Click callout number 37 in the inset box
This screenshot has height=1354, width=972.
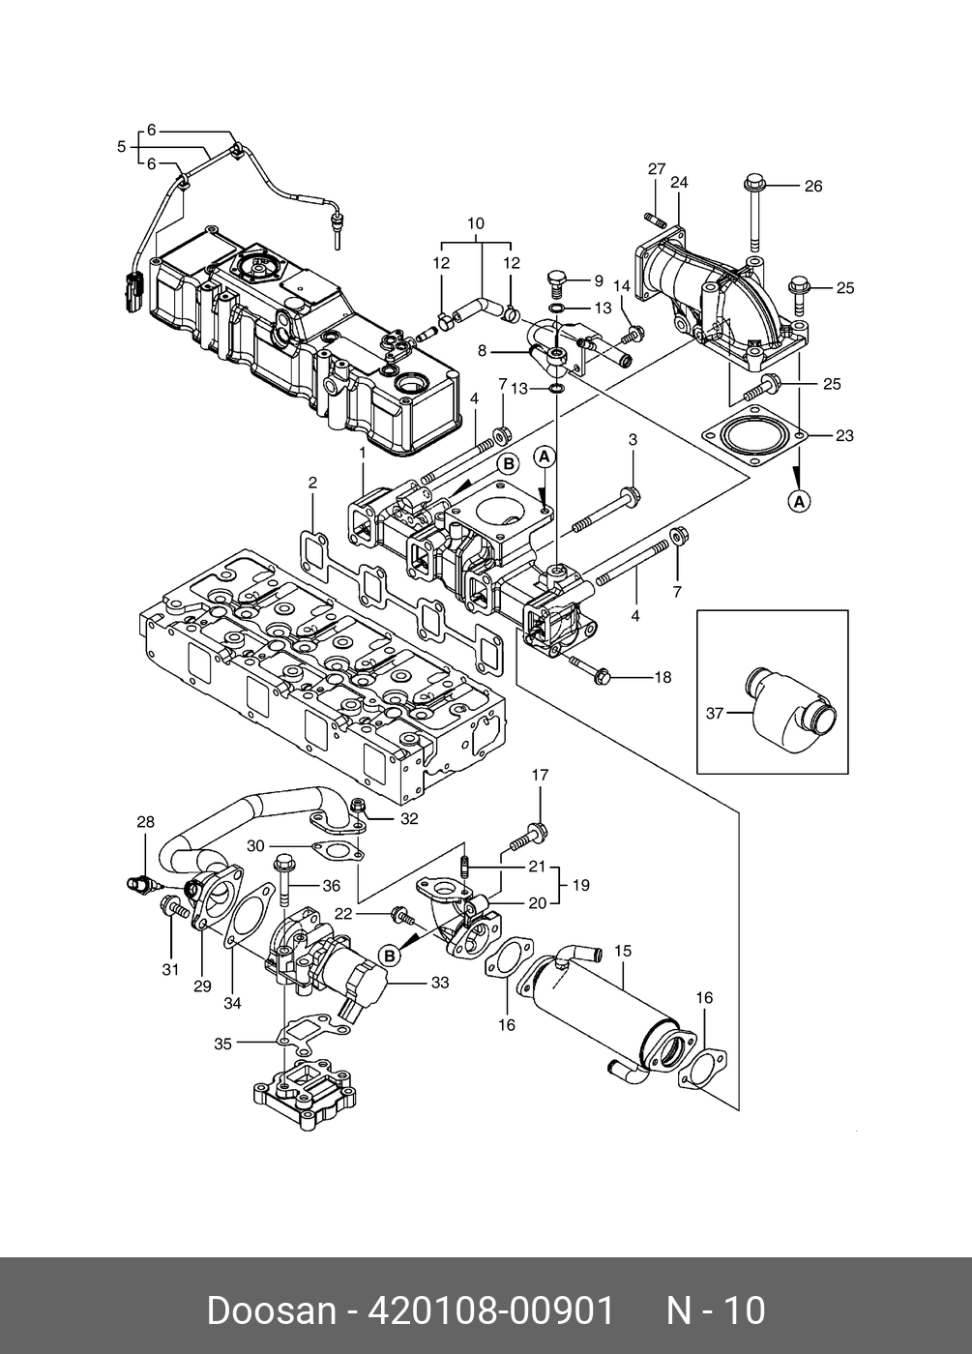pyautogui.click(x=715, y=714)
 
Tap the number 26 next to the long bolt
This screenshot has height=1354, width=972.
pyautogui.click(x=813, y=186)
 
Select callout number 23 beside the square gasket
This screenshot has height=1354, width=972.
pyautogui.click(x=844, y=436)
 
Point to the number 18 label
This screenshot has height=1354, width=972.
pyautogui.click(x=662, y=678)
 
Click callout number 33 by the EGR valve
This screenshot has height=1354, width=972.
pyautogui.click(x=441, y=984)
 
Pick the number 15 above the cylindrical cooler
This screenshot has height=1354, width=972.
pyautogui.click(x=623, y=952)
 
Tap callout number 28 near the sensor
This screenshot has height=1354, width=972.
pyautogui.click(x=145, y=822)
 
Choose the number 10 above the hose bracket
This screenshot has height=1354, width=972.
pyautogui.click(x=475, y=223)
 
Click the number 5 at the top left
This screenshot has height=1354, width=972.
pyautogui.click(x=121, y=147)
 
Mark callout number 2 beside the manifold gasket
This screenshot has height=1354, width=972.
pyautogui.click(x=312, y=482)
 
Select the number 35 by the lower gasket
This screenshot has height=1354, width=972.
pyautogui.click(x=222, y=1044)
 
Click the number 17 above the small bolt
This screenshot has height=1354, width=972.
pyautogui.click(x=540, y=775)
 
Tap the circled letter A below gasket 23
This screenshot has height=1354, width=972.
pyautogui.click(x=799, y=501)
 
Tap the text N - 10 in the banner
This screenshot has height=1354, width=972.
pyautogui.click(x=716, y=1310)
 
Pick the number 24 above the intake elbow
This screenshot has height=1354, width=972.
pyautogui.click(x=679, y=182)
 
